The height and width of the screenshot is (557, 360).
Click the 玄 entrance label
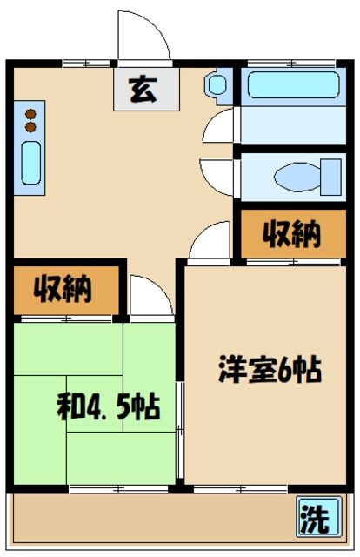[x=143, y=89]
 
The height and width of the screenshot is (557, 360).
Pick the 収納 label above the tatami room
[x=63, y=289]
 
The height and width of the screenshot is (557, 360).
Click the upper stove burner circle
[x=31, y=113]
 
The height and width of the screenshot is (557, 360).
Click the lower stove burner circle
[x=31, y=127]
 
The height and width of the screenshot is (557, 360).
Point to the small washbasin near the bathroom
[x=217, y=84]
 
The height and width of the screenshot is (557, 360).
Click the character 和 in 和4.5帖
[x=69, y=405]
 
